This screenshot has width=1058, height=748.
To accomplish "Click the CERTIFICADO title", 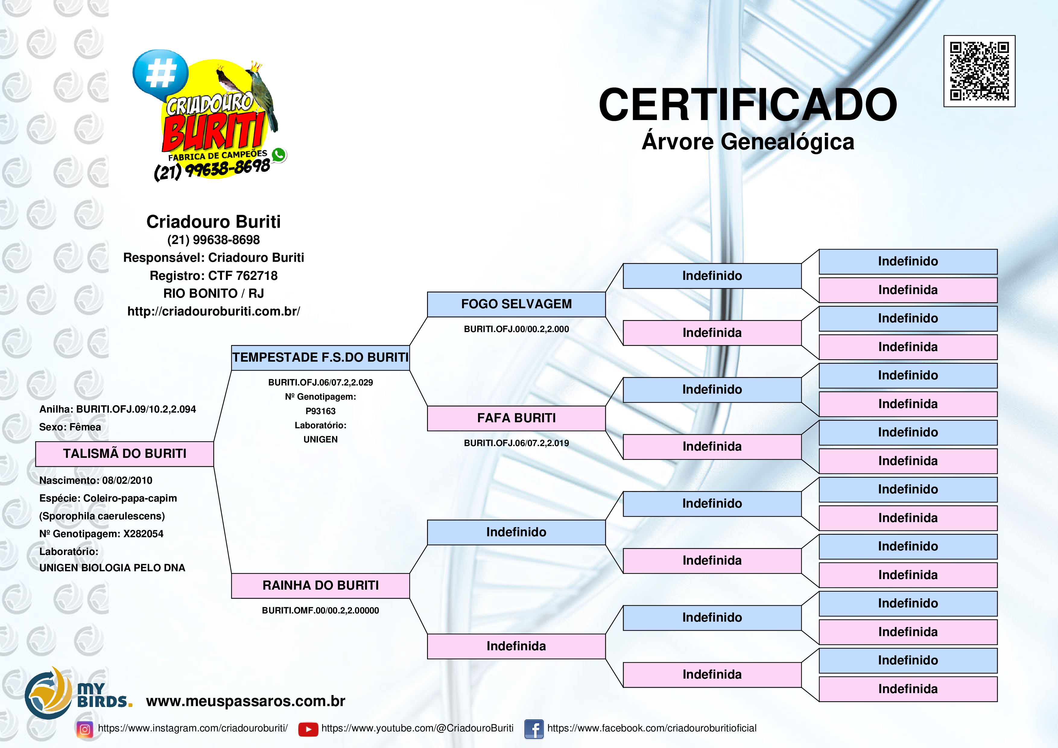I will tap(747, 105).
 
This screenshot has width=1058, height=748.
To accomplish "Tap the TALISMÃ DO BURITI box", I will tap(125, 454).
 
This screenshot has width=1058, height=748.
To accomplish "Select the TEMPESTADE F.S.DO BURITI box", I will tap(320, 358).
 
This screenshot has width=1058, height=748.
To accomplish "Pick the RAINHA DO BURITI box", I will tap(320, 586).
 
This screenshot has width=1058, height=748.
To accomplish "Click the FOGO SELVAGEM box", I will tap(516, 304).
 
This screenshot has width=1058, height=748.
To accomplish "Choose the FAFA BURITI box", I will tap(516, 418).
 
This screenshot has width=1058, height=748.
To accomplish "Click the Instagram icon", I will tap(85, 729).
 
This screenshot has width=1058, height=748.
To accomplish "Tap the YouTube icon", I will tap(308, 729).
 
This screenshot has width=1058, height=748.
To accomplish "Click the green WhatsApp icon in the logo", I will tap(278, 155).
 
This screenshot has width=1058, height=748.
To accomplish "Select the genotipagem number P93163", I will tap(320, 411).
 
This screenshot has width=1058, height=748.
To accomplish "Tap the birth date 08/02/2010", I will tap(127, 480).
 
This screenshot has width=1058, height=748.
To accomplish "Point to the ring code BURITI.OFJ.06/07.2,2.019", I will tap(516, 443).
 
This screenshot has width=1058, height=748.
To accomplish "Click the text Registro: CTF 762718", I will tap(213, 276).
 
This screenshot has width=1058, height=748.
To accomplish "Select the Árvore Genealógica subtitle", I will tap(747, 141).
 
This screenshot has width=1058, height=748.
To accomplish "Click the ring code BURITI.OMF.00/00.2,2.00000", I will tap(320, 611).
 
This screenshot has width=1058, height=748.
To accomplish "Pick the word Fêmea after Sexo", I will tap(85, 427).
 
